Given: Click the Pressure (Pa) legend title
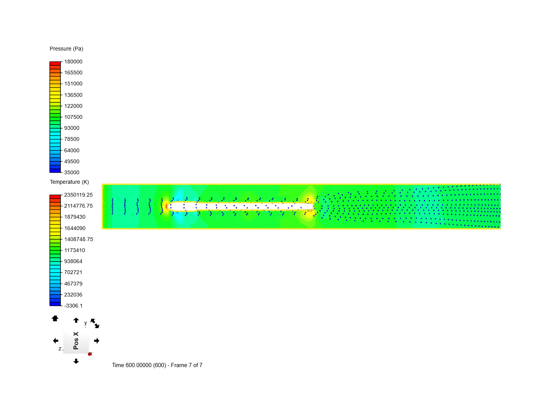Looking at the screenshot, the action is pyautogui.click(x=66, y=49).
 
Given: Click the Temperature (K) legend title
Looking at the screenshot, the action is pyautogui.click(x=69, y=182).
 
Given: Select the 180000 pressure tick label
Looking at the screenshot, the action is pyautogui.click(x=73, y=62).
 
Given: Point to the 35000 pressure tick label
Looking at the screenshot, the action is pyautogui.click(x=72, y=172).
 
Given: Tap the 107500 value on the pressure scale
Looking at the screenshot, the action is pyautogui.click(x=73, y=117).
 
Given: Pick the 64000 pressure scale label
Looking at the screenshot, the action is pyautogui.click(x=72, y=150).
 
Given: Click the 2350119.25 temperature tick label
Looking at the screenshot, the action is pyautogui.click(x=78, y=195).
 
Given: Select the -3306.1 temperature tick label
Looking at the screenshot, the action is pyautogui.click(x=73, y=306).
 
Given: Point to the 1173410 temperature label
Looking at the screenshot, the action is pyautogui.click(x=74, y=250).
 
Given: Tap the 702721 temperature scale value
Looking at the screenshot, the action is pyautogui.click(x=73, y=272).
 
